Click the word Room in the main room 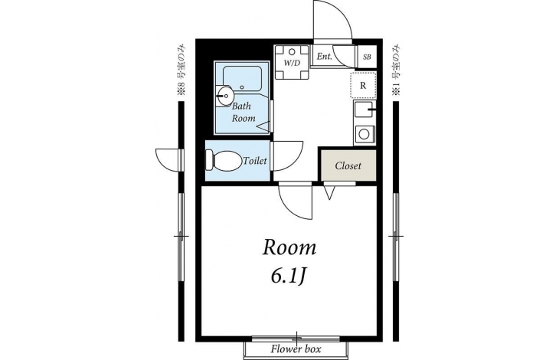click(x=289, y=247)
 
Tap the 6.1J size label click(x=289, y=277)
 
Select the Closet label click(x=348, y=165)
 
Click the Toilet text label click(x=255, y=160)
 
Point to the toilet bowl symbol click(x=223, y=161)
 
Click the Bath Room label click(x=244, y=112)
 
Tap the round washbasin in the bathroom click(x=224, y=95)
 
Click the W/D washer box click(x=292, y=62)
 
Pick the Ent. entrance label click(x=325, y=57)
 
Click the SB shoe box click(x=367, y=57)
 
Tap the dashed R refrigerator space click(x=363, y=85)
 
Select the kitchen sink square click(x=363, y=110)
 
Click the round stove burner click(x=364, y=134)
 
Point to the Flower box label click(x=296, y=349)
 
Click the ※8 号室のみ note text click(x=181, y=70)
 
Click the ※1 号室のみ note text click(x=396, y=70)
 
